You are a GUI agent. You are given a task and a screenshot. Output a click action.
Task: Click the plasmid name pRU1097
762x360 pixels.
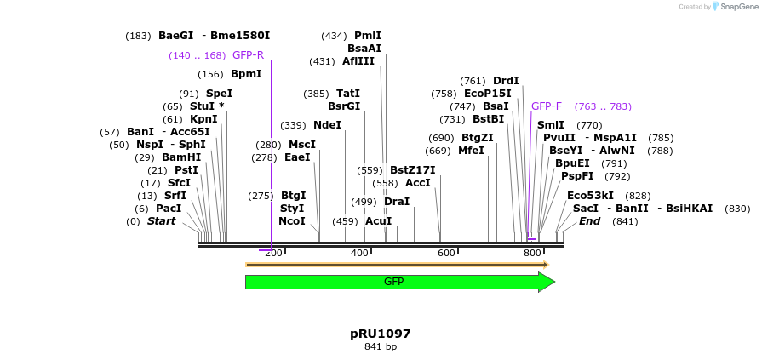point(380,334)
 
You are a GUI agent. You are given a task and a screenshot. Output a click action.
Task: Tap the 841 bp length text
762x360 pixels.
point(380,347)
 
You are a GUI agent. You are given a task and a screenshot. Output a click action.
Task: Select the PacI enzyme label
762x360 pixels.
point(169,209)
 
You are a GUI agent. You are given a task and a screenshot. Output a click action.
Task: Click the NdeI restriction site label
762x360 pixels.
point(327,125)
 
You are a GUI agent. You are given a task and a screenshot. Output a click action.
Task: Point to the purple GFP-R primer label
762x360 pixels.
point(248,55)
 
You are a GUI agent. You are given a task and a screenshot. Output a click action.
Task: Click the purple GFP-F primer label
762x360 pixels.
point(546,106)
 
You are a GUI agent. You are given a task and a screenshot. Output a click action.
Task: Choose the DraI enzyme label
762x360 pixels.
point(397,202)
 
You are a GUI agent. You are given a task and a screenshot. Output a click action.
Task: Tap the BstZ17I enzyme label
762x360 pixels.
point(412,170)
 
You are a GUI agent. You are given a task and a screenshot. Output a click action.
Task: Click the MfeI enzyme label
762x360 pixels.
point(471,151)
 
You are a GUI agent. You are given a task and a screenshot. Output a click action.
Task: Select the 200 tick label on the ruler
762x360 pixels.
point(273,253)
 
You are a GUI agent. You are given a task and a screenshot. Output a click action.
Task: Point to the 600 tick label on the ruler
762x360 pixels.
point(446,253)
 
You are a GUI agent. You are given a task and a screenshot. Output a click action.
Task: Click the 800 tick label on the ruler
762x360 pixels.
point(532,253)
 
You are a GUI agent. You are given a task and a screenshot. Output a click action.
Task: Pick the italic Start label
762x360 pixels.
point(161,221)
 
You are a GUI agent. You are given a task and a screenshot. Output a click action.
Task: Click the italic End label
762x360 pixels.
point(589,221)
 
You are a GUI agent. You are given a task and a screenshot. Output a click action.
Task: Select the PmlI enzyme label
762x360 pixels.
point(368,36)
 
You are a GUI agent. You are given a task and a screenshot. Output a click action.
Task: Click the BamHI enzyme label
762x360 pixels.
point(181,157)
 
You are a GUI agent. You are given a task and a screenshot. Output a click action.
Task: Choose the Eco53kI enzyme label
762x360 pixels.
point(590,196)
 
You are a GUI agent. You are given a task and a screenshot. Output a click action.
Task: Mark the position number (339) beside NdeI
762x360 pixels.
point(293,125)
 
